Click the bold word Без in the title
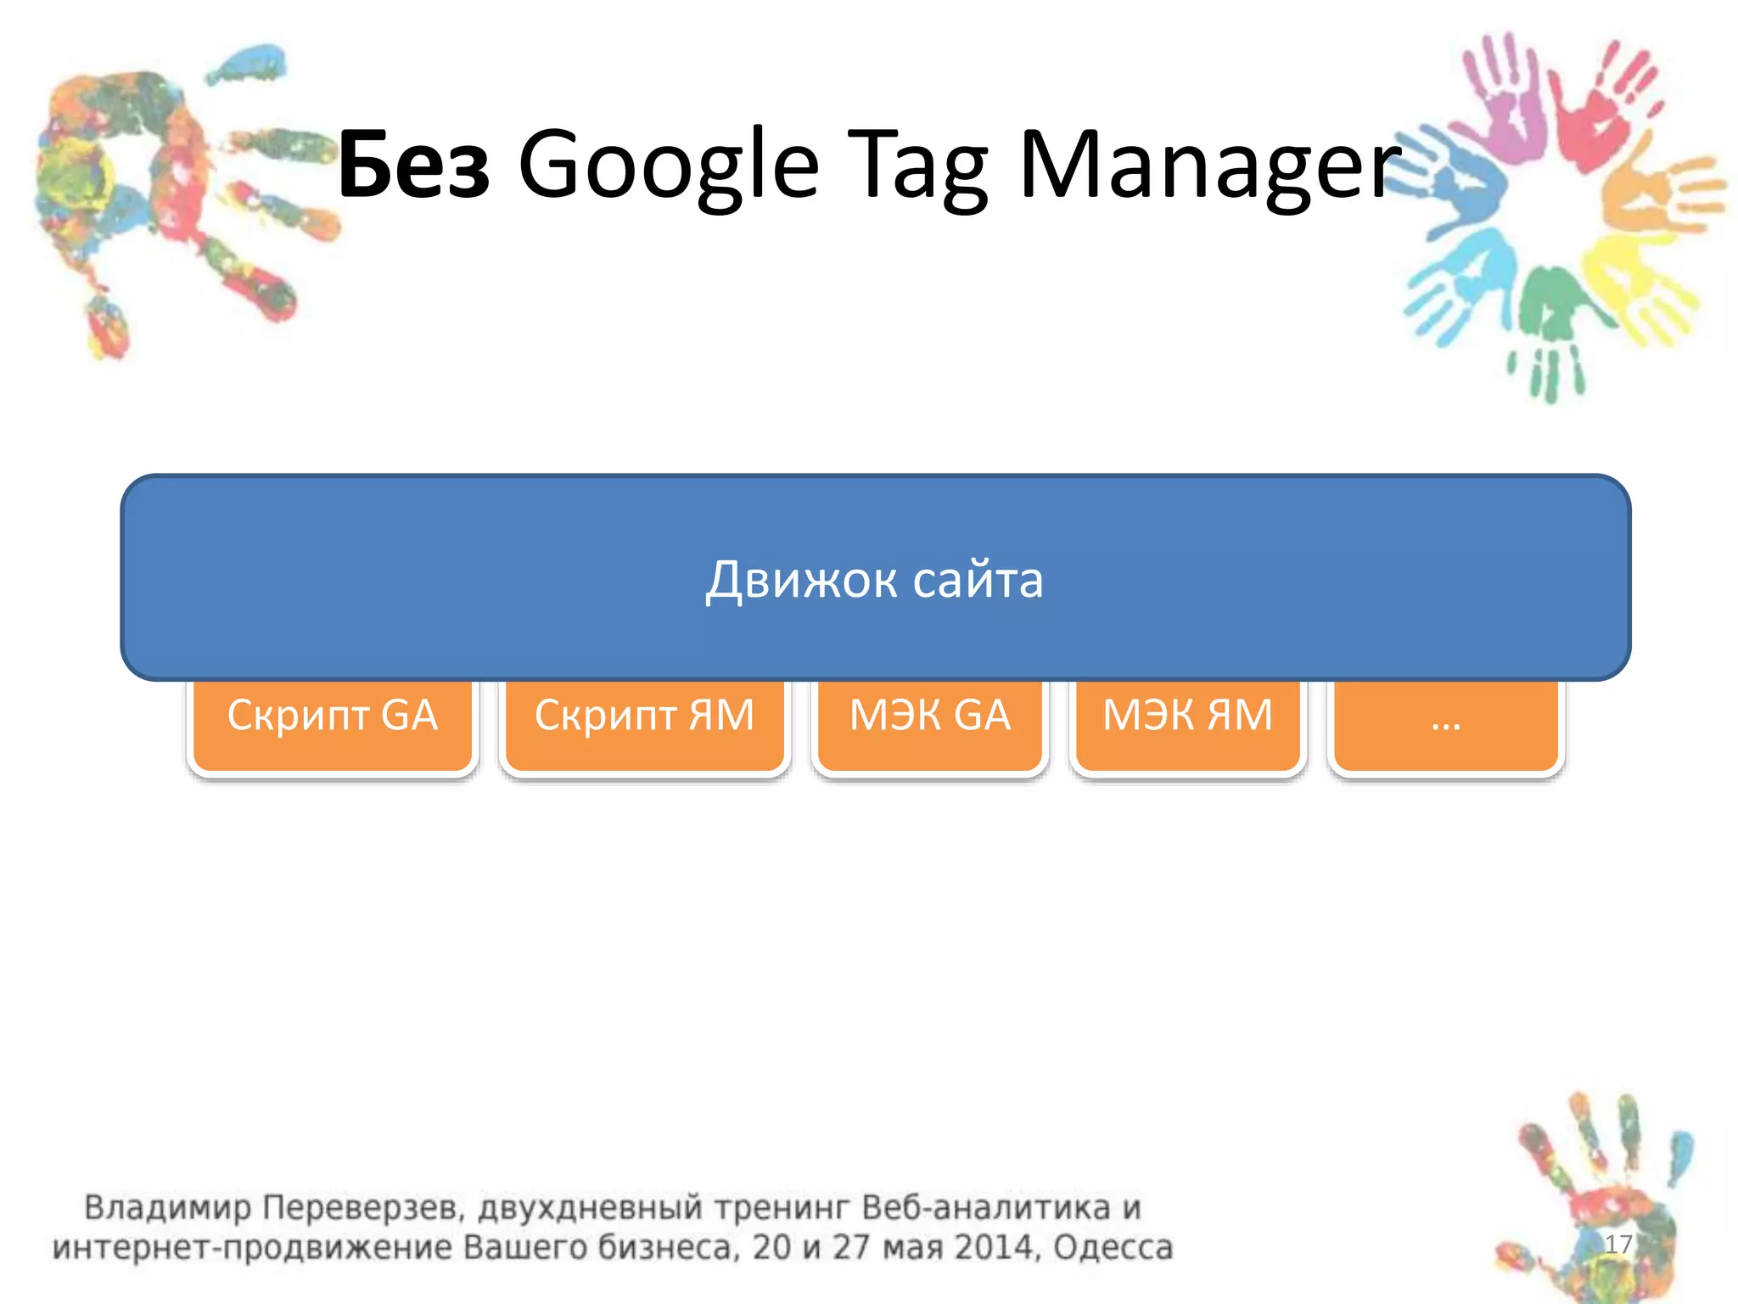[413, 166]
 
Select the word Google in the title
[668, 166]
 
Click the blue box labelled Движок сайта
[875, 578]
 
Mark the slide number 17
[1618, 1244]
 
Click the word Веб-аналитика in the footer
[985, 1207]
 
